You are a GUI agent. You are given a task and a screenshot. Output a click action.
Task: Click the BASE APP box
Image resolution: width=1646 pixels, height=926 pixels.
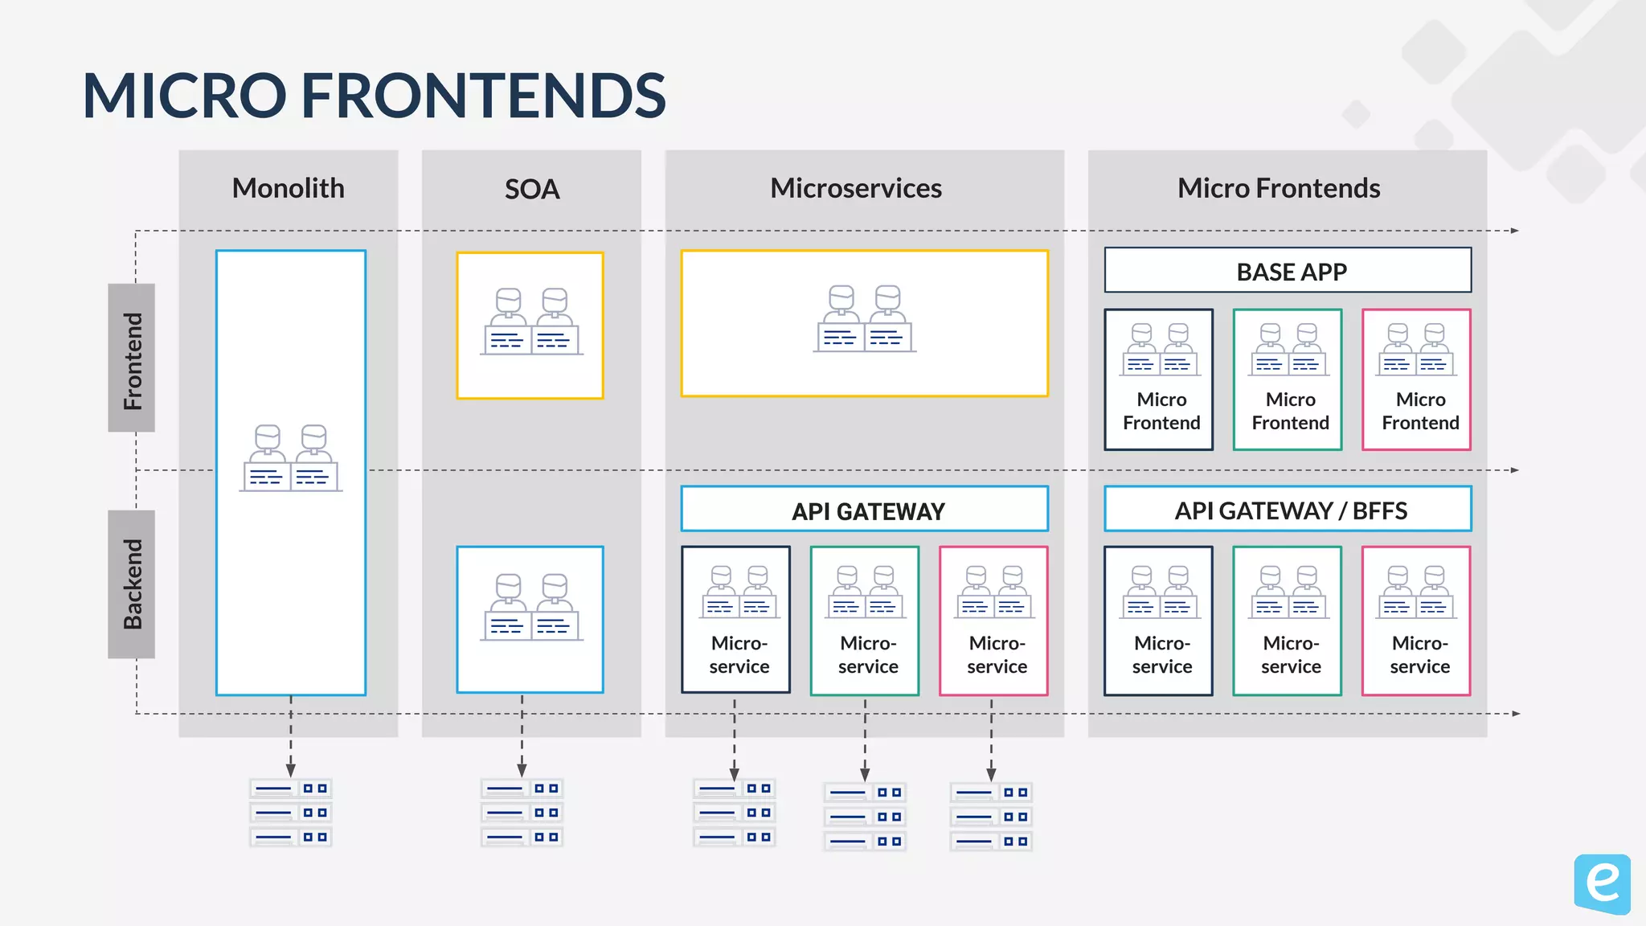pyautogui.click(x=1288, y=271)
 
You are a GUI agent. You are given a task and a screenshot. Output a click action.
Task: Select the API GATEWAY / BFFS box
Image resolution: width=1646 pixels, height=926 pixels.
pyautogui.click(x=1288, y=510)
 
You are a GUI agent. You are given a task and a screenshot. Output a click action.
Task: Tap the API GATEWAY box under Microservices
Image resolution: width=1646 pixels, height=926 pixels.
pyautogui.click(x=865, y=510)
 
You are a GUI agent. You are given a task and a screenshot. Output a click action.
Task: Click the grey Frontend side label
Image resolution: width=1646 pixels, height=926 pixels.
pyautogui.click(x=132, y=359)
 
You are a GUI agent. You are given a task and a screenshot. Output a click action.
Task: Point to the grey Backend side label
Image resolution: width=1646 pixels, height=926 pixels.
pyautogui.click(x=132, y=584)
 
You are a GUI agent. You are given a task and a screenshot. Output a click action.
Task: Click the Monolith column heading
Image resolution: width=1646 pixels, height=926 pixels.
pyautogui.click(x=288, y=188)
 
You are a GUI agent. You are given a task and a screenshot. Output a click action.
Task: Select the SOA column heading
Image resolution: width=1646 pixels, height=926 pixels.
pyautogui.click(x=531, y=189)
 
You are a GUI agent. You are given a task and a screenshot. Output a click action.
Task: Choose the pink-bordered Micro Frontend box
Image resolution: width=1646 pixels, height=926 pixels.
pyautogui.click(x=1416, y=379)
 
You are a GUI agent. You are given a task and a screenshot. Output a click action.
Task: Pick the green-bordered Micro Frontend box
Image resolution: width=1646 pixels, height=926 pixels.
pyautogui.click(x=1288, y=379)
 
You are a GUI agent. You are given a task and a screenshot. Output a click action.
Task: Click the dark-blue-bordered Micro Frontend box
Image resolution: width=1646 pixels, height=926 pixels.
pyautogui.click(x=1158, y=379)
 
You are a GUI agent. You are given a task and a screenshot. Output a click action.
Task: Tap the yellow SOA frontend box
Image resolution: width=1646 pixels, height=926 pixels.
pyautogui.click(x=530, y=326)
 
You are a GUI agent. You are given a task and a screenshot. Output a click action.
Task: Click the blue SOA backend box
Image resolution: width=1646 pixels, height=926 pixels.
pyautogui.click(x=530, y=619)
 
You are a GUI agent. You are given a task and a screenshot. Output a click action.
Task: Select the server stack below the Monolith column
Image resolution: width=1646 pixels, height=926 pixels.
pyautogui.click(x=291, y=813)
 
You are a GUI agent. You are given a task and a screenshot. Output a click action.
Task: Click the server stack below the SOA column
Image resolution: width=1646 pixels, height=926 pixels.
pyautogui.click(x=522, y=813)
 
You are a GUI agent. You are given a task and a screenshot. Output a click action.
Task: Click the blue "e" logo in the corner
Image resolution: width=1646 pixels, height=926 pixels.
pyautogui.click(x=1602, y=883)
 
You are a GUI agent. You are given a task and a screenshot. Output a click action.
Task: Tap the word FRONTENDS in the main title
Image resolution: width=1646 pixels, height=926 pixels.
pyautogui.click(x=482, y=96)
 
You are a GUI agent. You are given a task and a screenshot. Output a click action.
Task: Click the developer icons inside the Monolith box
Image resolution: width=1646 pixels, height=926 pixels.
pyautogui.click(x=291, y=458)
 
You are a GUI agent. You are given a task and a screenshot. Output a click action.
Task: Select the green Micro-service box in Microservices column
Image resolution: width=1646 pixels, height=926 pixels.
pyautogui.click(x=865, y=621)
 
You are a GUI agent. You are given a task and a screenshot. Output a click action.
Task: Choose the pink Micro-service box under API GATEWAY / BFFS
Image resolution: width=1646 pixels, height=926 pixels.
pyautogui.click(x=1416, y=621)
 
